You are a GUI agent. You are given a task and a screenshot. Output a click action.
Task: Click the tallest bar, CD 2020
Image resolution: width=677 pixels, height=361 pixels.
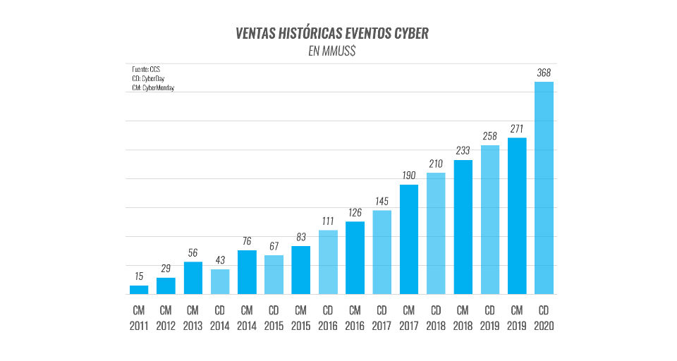[544, 188]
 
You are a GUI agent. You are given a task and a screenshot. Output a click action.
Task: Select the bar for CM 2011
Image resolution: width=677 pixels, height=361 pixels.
[139, 289]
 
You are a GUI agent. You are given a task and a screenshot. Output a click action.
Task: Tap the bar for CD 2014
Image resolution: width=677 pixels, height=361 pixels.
[220, 281]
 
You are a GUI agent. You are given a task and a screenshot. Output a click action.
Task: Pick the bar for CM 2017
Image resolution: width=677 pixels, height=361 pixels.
[409, 239]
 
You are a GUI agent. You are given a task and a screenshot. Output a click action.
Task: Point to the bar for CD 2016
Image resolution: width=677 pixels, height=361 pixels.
[328, 262]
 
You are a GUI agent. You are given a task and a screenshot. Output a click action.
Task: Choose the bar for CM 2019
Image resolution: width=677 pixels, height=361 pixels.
[517, 215]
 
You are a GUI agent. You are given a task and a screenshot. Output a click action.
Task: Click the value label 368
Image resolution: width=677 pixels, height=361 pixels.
[544, 73]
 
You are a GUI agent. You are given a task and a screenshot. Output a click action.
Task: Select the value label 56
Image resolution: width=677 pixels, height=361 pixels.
[193, 253]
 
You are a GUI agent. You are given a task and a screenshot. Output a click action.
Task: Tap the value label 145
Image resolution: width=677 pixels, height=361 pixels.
[382, 201]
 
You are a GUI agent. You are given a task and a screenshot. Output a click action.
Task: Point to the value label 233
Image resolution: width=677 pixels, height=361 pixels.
[463, 151]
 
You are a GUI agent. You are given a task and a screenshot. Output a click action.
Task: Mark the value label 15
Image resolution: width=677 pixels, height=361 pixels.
[139, 276]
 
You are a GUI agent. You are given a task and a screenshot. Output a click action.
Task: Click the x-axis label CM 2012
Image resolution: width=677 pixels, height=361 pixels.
[166, 318]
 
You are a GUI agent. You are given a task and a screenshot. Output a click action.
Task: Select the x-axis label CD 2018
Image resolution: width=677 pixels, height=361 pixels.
[436, 318]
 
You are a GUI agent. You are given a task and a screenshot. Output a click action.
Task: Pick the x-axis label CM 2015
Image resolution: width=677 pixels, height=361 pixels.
[301, 318]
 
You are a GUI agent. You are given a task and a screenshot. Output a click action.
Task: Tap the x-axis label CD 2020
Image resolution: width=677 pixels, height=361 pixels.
[544, 318]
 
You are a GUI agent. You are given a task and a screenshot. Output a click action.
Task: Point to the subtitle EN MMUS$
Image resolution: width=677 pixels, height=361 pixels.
[332, 51]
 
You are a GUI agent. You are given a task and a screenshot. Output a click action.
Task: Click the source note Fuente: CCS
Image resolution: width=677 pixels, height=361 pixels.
[147, 70]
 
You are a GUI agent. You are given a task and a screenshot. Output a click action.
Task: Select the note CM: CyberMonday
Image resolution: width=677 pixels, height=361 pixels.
[153, 88]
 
